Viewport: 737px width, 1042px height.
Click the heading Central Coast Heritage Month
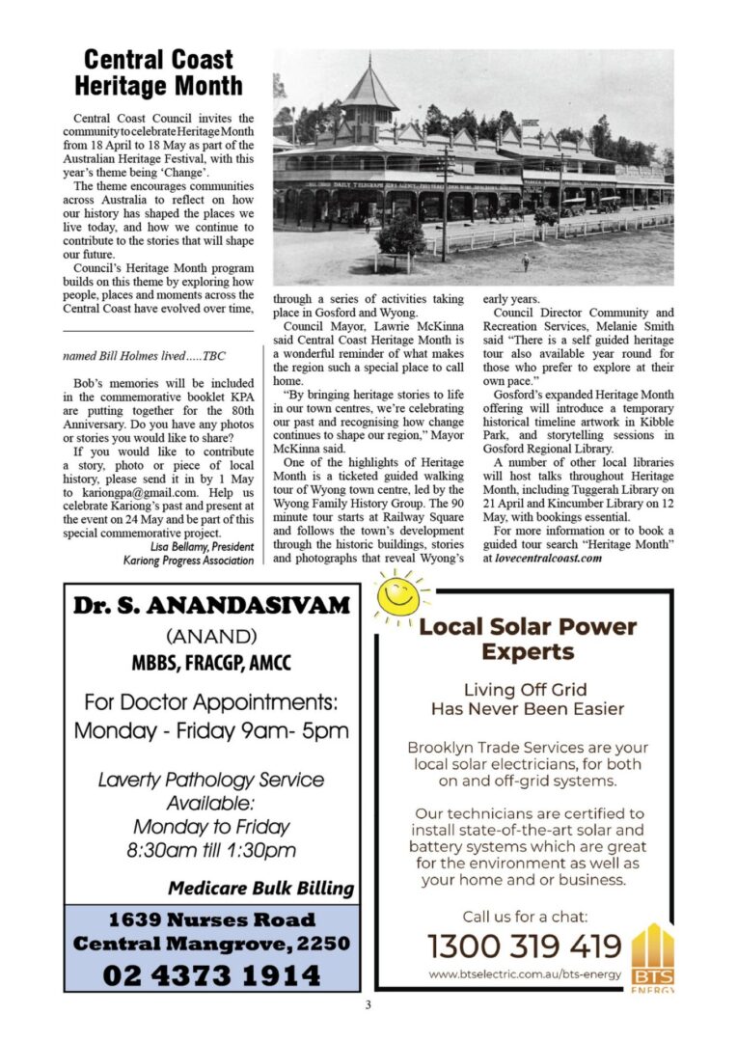tap(161, 73)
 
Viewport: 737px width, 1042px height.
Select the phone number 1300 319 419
tap(525, 946)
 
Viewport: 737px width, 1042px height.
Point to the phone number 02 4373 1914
tap(211, 973)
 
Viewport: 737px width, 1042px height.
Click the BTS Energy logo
tap(652, 957)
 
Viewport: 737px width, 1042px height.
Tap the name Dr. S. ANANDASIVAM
tap(211, 606)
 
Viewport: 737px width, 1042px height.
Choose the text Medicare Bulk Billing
tap(260, 888)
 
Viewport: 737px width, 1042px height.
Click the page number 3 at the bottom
tap(368, 1005)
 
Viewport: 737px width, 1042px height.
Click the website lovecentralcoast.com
tap(548, 558)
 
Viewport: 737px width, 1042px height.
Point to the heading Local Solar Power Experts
tap(528, 639)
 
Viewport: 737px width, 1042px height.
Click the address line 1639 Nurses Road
tap(211, 919)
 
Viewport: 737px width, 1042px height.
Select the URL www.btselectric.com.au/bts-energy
tap(524, 974)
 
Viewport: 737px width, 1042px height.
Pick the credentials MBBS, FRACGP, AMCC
tap(211, 664)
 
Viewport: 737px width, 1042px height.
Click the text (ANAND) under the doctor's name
tap(211, 637)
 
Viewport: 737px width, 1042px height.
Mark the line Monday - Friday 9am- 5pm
tap(211, 730)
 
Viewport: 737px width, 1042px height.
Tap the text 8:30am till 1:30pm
tap(211, 850)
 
